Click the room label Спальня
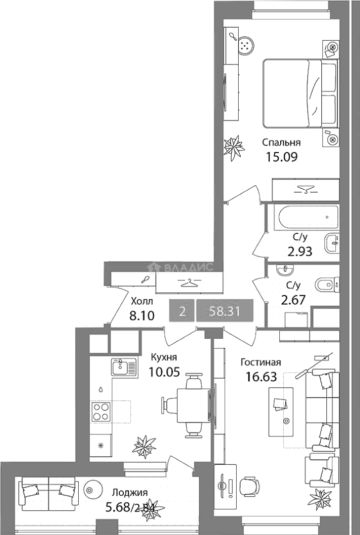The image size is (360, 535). click(x=281, y=142)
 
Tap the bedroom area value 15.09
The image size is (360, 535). click(x=282, y=157)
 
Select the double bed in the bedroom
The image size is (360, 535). click(x=301, y=94)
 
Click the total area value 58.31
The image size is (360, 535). click(x=224, y=311)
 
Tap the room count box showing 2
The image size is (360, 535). click(x=183, y=311)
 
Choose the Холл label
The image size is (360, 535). click(x=142, y=301)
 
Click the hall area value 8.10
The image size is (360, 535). click(x=142, y=316)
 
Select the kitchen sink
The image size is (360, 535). click(x=125, y=367)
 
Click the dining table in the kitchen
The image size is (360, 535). click(x=193, y=406)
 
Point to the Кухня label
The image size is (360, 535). click(x=164, y=357)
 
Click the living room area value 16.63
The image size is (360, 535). click(x=261, y=376)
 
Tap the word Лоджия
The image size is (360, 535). click(x=130, y=492)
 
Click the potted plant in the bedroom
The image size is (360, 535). click(x=234, y=148)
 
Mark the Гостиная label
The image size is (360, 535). click(x=260, y=362)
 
